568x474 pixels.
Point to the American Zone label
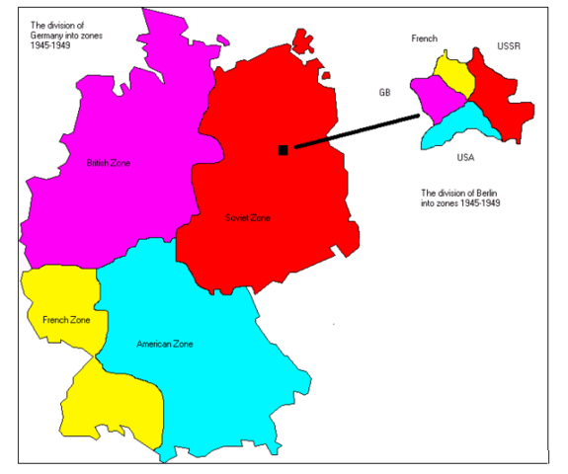(165, 344)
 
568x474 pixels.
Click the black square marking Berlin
(284, 150)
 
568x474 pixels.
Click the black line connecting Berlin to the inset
(356, 132)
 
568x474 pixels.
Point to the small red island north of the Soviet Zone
(299, 40)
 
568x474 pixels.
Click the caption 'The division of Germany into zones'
(65, 34)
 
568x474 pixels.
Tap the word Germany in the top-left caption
(50, 34)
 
